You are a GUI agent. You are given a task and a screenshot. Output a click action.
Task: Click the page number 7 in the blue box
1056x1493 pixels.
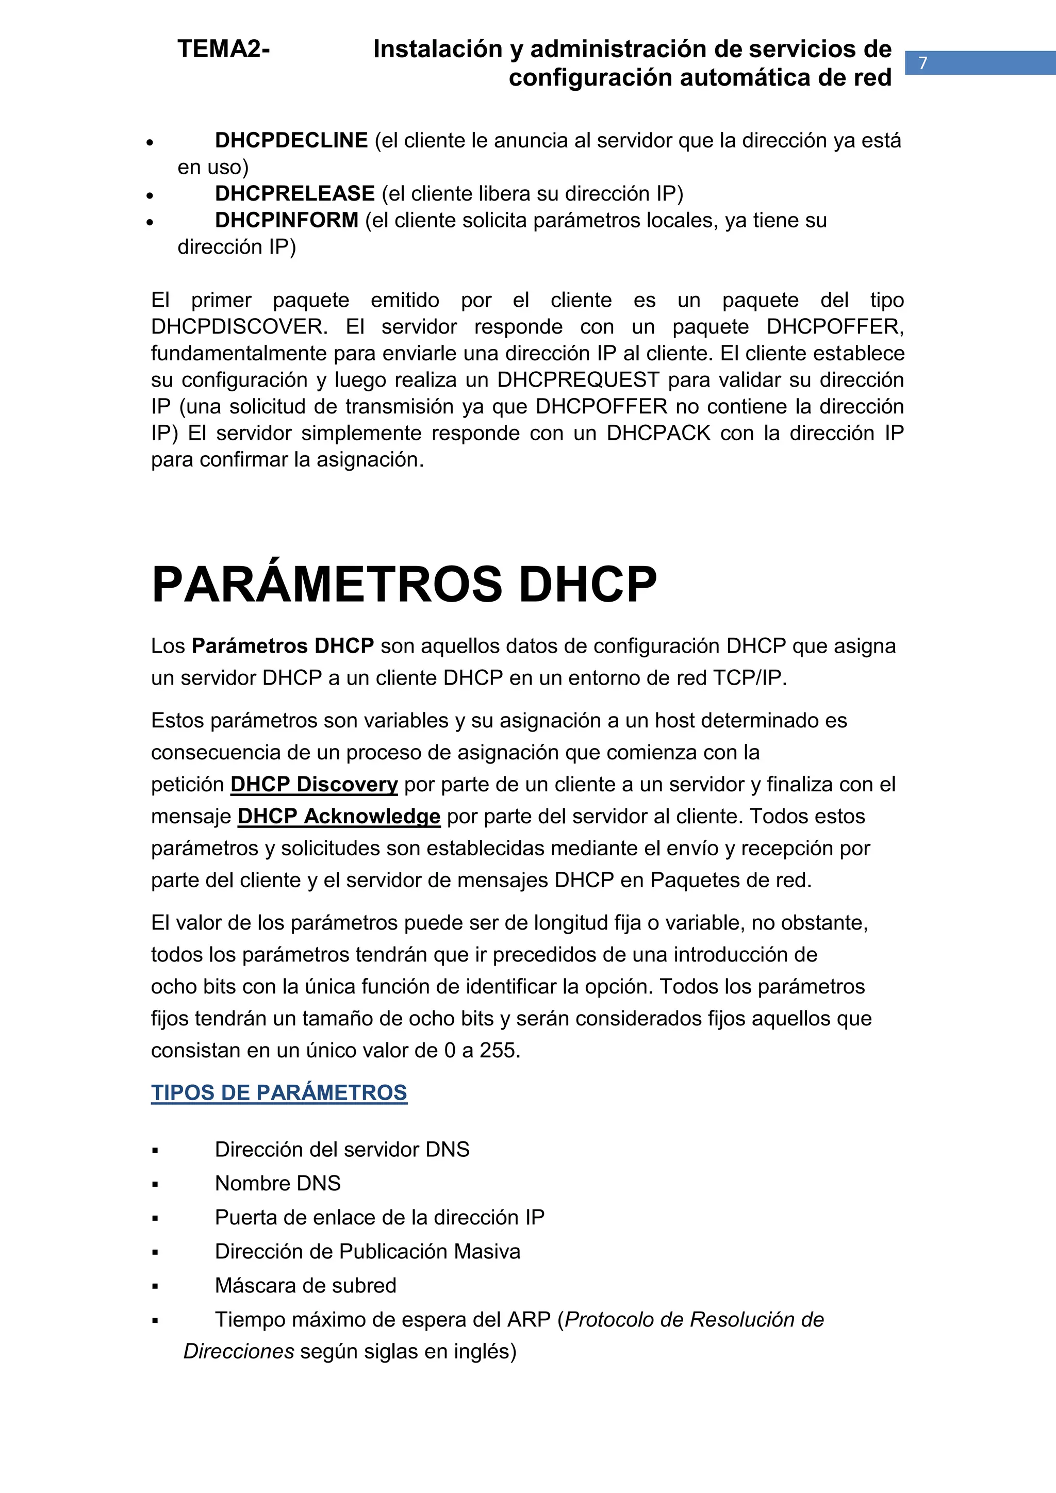click(x=922, y=63)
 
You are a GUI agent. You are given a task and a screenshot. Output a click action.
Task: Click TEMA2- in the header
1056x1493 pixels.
click(x=223, y=49)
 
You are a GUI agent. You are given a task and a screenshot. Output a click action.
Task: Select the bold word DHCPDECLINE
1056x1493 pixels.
click(x=291, y=140)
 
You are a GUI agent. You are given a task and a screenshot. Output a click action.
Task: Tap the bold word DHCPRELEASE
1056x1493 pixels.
click(x=294, y=194)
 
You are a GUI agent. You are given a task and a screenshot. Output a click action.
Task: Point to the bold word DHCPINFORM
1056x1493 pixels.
click(x=286, y=221)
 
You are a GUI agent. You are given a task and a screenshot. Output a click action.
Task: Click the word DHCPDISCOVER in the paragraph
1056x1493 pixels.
click(x=239, y=326)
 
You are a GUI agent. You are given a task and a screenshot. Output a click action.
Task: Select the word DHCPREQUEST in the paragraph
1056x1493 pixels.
click(x=578, y=380)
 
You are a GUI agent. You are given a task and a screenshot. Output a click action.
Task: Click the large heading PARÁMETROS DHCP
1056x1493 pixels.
click(x=404, y=584)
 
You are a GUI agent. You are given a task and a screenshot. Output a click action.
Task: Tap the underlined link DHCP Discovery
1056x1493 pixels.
click(x=313, y=784)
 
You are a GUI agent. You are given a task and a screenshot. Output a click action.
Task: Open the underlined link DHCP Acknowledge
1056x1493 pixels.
click(x=339, y=816)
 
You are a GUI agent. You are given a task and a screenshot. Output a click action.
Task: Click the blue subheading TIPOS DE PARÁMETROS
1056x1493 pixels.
click(x=279, y=1092)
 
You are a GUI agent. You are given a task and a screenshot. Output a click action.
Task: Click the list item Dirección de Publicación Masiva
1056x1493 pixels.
click(x=368, y=1251)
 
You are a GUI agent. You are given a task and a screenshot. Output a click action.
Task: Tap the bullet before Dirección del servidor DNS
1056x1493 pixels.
click(x=155, y=1150)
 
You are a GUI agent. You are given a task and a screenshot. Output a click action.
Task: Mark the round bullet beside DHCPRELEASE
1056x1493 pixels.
click(x=150, y=195)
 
